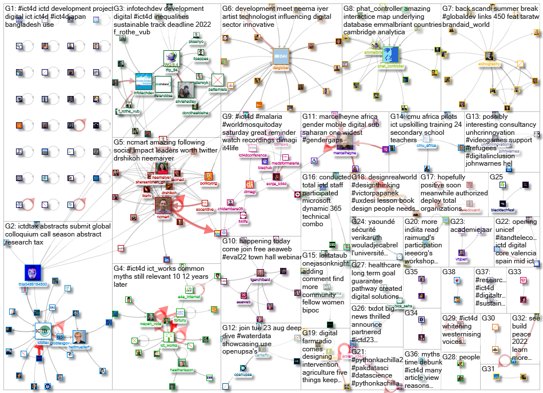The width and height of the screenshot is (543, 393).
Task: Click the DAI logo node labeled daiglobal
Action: point(281,56)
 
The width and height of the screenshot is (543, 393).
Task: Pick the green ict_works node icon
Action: point(168,336)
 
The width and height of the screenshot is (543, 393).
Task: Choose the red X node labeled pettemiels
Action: point(218,81)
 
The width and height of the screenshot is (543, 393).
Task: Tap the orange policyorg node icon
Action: point(209,177)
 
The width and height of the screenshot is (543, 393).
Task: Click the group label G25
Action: point(496,177)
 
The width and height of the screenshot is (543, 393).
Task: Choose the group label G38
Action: point(449,271)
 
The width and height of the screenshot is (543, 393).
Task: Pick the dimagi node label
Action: point(250,193)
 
